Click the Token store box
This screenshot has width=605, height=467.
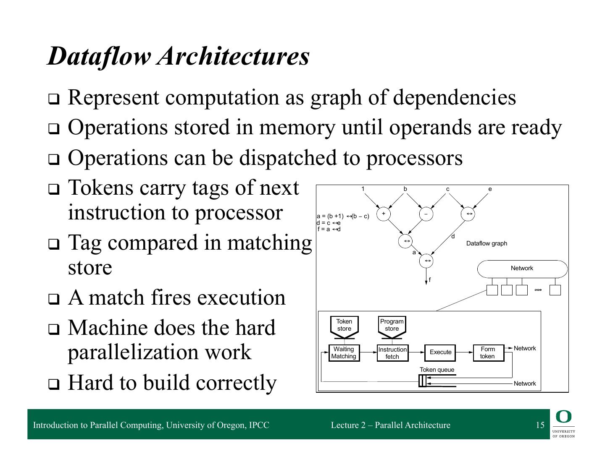[344, 325]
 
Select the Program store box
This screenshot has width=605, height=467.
[392, 325]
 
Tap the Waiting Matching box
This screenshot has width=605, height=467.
[344, 353]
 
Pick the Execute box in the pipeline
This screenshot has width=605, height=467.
[440, 352]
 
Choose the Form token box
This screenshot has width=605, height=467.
[488, 353]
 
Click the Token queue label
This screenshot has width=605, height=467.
[437, 370]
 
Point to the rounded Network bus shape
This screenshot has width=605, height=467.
[522, 269]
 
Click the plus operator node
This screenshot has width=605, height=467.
[383, 214]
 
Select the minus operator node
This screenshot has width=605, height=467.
[426, 214]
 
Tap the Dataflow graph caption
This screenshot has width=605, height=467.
[487, 243]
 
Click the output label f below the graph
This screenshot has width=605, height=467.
[430, 280]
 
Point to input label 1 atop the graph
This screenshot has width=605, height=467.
[363, 189]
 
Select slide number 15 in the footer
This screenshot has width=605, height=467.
[540, 425]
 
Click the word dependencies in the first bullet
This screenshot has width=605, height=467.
[455, 97]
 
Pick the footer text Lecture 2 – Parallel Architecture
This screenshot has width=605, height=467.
[390, 425]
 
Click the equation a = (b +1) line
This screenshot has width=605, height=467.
[343, 216]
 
